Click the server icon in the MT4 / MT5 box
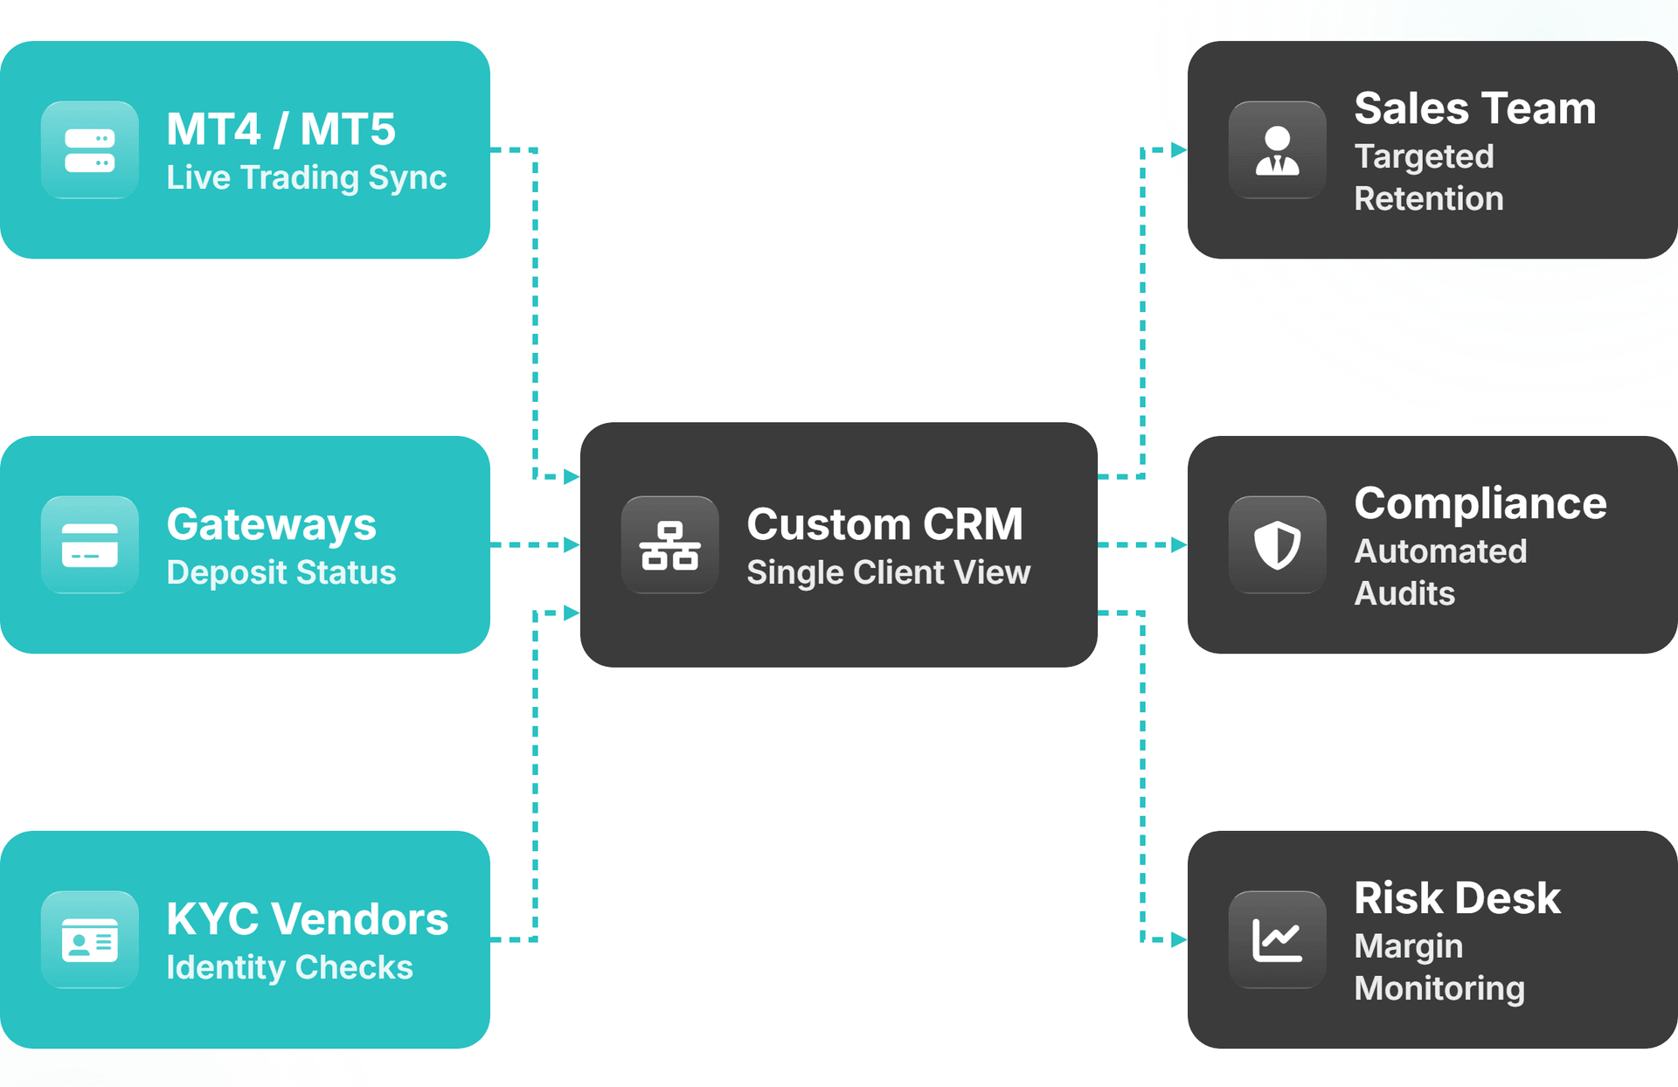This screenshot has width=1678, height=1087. pos(90,150)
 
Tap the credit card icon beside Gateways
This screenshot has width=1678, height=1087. pos(90,545)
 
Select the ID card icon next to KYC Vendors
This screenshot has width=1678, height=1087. pos(90,940)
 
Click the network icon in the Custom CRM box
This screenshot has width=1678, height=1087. pos(670,545)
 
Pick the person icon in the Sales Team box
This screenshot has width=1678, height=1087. pos(1278,150)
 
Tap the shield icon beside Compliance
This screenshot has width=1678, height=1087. pos(1278,545)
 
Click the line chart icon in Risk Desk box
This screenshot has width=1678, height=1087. pos(1278,940)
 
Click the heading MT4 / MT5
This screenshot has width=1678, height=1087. pos(281,129)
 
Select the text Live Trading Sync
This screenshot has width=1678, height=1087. pos(306,177)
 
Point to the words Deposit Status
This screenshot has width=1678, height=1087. pos(281,572)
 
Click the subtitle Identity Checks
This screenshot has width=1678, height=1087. pos(289,967)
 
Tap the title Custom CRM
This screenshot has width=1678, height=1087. pos(884,524)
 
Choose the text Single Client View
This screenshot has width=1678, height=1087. pos(888,572)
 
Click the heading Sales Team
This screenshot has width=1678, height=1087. pos(1474,108)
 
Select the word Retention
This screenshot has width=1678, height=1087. pos(1428,198)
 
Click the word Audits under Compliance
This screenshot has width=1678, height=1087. pos(1404,593)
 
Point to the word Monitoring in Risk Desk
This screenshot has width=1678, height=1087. pos(1439,988)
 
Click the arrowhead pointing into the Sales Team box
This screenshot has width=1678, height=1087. pos(1178,150)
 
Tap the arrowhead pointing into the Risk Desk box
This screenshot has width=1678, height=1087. pos(1178,940)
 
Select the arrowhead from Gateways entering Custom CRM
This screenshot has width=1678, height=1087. pos(572,545)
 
